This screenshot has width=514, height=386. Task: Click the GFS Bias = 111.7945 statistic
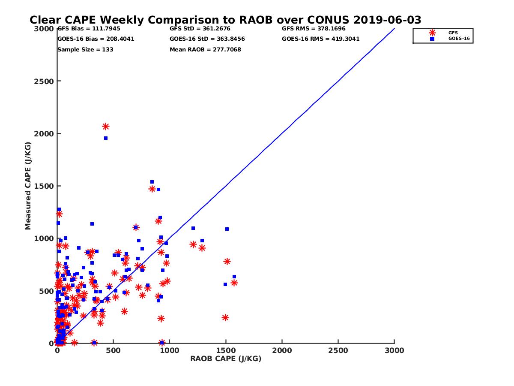pyautogui.click(x=89, y=29)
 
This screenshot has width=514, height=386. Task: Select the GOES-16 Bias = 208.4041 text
pyautogui.click(x=96, y=39)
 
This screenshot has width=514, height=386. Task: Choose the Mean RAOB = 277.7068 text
pyautogui.click(x=205, y=50)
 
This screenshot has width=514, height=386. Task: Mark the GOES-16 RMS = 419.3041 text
pyautogui.click(x=321, y=39)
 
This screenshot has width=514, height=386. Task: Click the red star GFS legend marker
pyautogui.click(x=432, y=33)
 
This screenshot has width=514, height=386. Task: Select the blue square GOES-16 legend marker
pyautogui.click(x=432, y=39)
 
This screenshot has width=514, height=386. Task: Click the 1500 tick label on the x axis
pyautogui.click(x=226, y=350)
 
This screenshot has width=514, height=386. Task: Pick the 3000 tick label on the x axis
pyautogui.click(x=394, y=350)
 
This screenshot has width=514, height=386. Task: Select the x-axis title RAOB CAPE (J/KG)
pyautogui.click(x=226, y=359)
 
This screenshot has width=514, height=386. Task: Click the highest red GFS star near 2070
pyautogui.click(x=106, y=127)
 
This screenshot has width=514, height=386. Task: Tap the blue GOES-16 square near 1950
pyautogui.click(x=106, y=138)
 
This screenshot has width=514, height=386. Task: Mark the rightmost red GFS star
pyautogui.click(x=234, y=283)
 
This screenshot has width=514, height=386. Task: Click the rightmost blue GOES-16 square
pyautogui.click(x=234, y=277)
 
